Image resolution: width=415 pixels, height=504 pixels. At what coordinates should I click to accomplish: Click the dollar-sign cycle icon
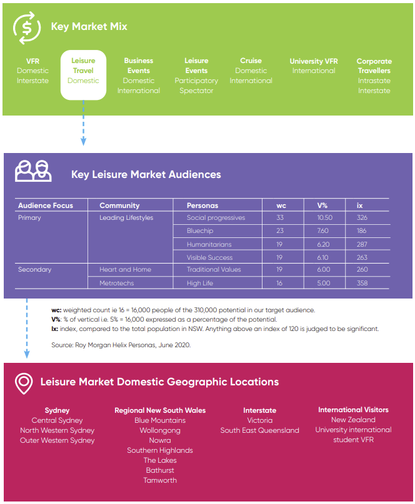[x=27, y=27]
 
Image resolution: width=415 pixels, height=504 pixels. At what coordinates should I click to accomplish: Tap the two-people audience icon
[x=33, y=171]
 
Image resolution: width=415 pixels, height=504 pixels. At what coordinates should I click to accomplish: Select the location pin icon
[x=24, y=383]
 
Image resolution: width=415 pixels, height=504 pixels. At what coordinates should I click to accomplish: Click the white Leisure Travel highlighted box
[x=83, y=75]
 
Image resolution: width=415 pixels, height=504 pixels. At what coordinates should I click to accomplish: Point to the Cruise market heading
[x=251, y=61]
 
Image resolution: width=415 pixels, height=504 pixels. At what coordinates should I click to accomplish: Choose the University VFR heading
[x=314, y=61]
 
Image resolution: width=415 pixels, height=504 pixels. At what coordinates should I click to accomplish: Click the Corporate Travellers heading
[x=374, y=66]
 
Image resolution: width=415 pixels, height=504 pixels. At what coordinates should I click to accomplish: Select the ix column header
[x=359, y=205]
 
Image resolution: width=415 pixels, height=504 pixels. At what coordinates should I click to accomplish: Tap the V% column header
[x=322, y=205]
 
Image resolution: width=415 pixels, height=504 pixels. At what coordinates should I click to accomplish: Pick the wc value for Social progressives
[x=280, y=217]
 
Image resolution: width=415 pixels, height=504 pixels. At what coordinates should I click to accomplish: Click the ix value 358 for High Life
[x=362, y=283]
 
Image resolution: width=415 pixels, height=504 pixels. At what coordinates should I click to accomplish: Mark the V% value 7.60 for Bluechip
[x=322, y=231]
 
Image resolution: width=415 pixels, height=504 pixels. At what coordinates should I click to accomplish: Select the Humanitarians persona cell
[x=209, y=244]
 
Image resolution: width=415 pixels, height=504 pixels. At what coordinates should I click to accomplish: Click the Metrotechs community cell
[x=116, y=283]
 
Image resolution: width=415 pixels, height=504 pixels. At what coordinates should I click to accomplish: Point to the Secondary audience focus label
[x=35, y=269]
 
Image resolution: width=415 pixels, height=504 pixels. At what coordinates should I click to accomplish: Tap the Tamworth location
[x=160, y=480]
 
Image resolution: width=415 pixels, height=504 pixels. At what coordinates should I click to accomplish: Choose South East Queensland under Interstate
[x=259, y=430]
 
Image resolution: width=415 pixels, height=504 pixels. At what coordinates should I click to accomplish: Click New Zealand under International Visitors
[x=353, y=420]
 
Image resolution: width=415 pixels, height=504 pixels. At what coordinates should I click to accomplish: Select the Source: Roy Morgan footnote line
[x=121, y=345]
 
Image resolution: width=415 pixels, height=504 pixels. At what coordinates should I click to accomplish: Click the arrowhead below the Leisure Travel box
[x=83, y=141]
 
